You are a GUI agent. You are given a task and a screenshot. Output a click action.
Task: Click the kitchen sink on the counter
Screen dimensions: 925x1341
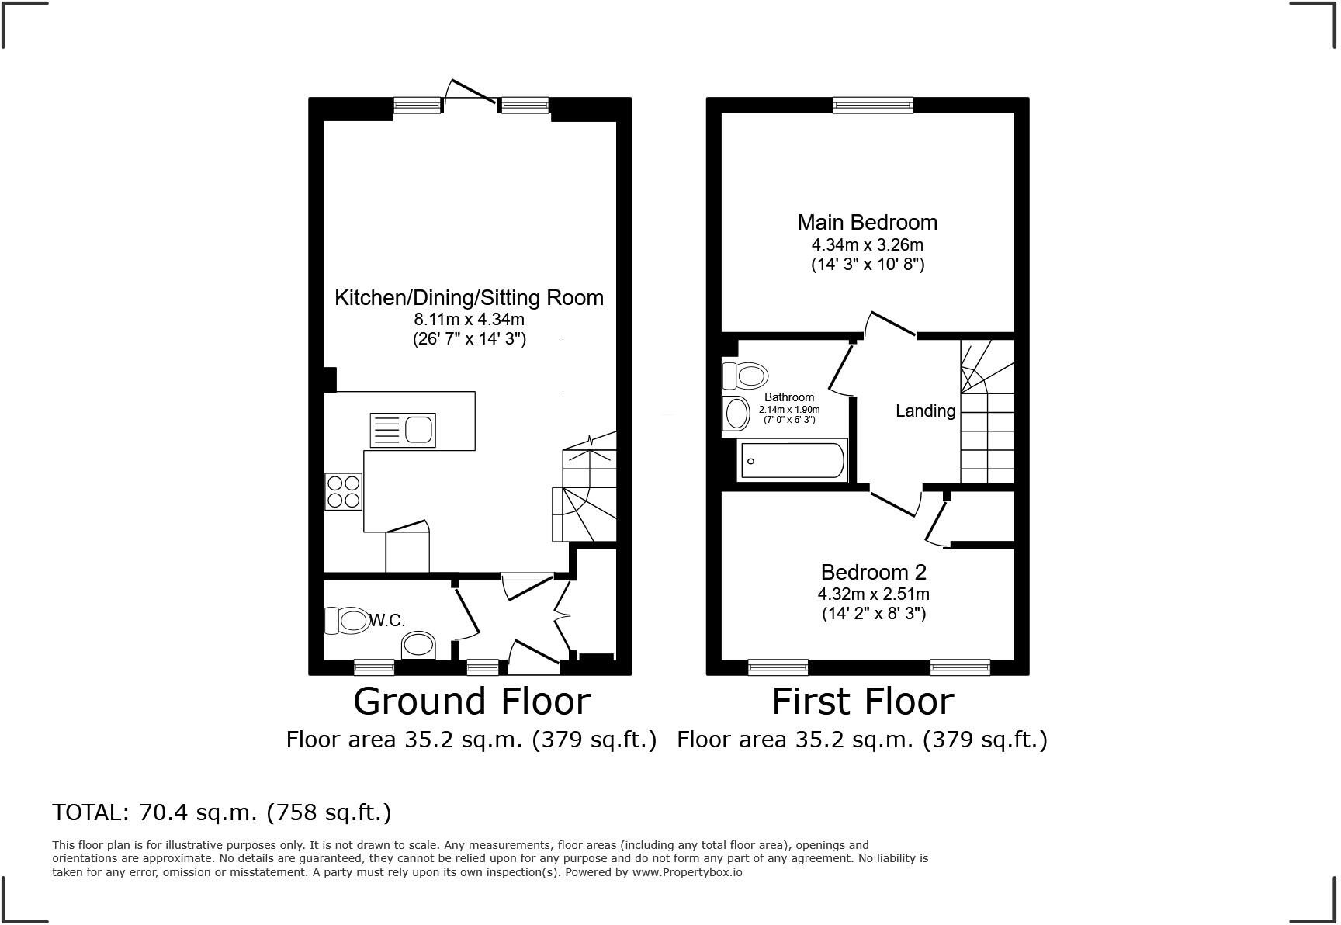coord(403,430)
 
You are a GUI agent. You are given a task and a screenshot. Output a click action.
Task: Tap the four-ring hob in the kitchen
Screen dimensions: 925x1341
coord(343,491)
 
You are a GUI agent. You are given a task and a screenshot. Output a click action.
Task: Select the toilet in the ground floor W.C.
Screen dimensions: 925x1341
coord(347,620)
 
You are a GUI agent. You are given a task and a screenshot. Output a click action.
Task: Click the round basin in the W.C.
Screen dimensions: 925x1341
coord(419,645)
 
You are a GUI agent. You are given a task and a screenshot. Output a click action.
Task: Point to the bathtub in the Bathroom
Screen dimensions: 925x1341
coord(792,460)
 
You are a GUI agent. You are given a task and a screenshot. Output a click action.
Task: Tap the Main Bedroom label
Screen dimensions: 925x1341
coord(867,223)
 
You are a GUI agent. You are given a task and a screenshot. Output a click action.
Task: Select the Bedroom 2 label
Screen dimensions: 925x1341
coord(873,573)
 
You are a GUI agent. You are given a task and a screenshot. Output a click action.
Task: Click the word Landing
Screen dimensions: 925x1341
coord(925,411)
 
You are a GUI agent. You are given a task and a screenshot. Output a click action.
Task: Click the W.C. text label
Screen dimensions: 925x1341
coord(387,621)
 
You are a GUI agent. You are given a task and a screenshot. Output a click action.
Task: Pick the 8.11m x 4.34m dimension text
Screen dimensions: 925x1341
coord(469,319)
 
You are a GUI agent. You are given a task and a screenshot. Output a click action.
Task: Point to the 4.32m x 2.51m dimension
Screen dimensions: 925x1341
coord(873,594)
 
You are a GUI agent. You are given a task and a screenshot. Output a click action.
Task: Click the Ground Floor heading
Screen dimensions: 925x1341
coord(471,702)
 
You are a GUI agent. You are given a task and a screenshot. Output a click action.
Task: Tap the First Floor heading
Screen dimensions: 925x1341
coord(862,702)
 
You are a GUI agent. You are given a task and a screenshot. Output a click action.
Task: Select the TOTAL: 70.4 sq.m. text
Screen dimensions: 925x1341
coord(222,812)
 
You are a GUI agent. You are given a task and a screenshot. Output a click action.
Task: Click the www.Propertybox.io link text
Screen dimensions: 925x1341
coord(687,872)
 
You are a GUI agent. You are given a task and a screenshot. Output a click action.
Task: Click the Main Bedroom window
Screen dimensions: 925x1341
coord(872,105)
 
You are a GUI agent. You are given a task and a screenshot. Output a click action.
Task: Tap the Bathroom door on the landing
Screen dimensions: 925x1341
coord(841,365)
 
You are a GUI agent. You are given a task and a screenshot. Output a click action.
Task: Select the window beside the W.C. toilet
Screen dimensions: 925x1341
coord(373,667)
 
